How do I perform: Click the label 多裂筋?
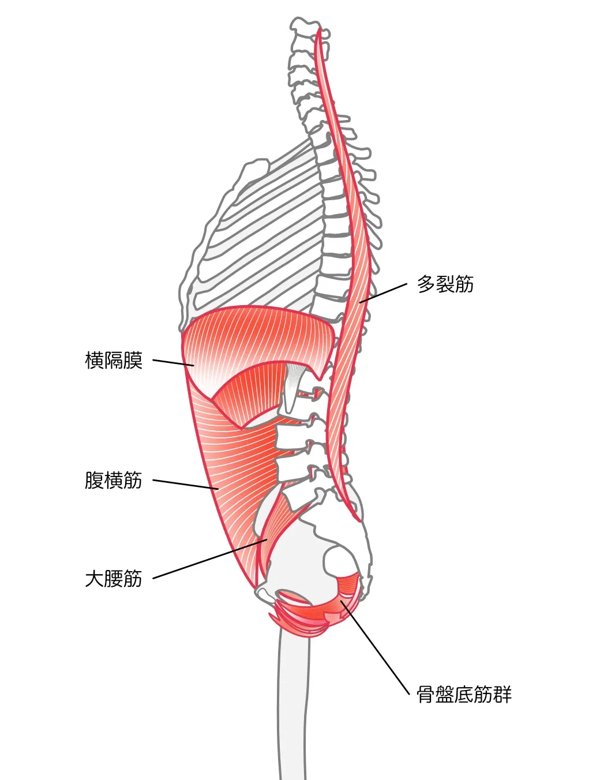point(445,284)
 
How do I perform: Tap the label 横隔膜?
point(114,361)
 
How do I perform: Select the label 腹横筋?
point(114,480)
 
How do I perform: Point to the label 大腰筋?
point(114,579)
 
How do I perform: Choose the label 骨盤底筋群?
point(464,695)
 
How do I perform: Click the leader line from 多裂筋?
point(384,292)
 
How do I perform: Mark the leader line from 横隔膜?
point(173,363)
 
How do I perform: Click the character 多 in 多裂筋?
point(426,284)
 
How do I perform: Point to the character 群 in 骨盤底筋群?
point(502,695)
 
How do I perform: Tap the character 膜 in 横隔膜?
point(133,361)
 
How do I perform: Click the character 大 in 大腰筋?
point(94,579)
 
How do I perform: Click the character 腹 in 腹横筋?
point(94,480)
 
